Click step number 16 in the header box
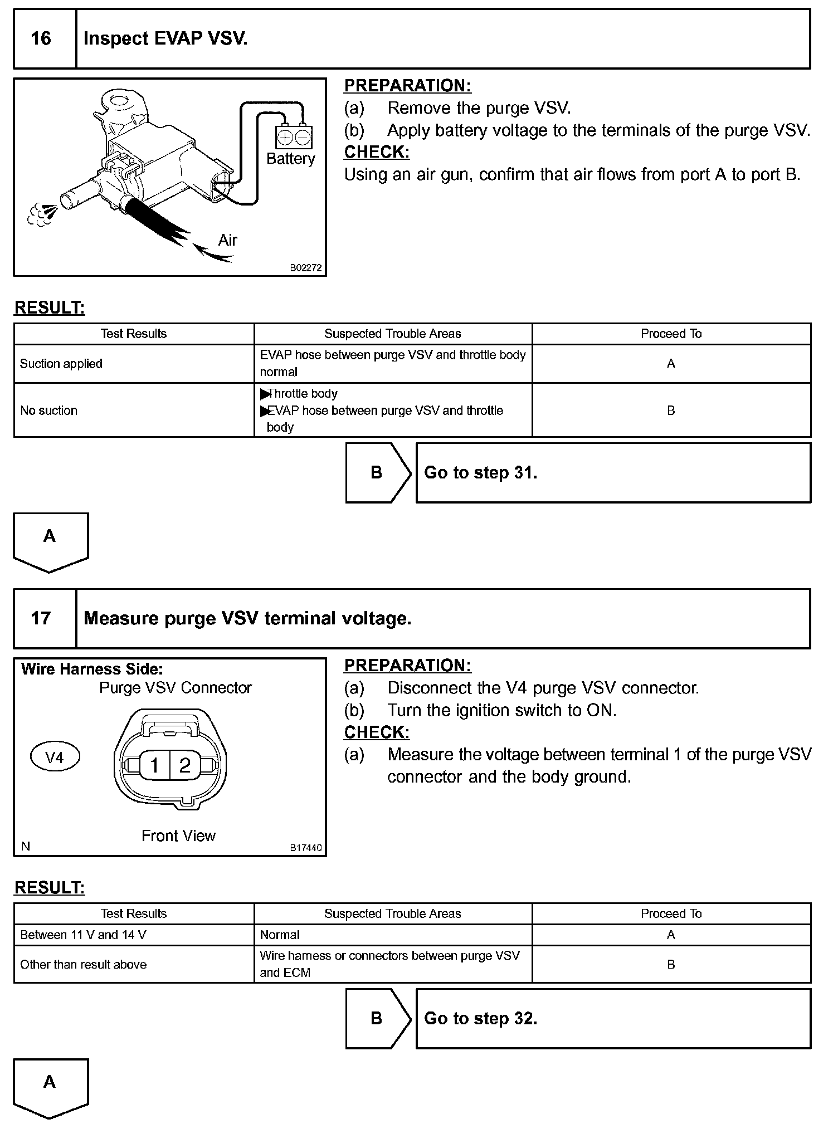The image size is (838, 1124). (41, 38)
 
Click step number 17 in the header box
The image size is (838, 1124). (41, 618)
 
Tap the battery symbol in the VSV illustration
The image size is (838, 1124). (294, 137)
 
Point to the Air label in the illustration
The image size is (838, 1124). (227, 241)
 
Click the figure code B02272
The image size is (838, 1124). (306, 268)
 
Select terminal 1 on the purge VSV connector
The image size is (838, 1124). (154, 765)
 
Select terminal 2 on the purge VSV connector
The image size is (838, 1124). (185, 765)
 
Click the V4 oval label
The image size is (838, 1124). (55, 758)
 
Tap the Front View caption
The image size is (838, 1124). (178, 835)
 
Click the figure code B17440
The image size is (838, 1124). (306, 848)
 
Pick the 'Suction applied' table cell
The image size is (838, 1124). (61, 364)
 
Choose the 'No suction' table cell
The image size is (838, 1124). (49, 410)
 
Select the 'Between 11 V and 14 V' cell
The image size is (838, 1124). (83, 935)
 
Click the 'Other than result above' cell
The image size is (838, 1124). (84, 964)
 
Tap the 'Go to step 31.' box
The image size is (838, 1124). (613, 473)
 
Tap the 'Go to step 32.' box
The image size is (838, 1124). (613, 1019)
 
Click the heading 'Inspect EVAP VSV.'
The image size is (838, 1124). (165, 38)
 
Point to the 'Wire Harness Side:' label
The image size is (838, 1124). (92, 669)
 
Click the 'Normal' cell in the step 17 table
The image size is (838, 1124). (280, 935)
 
